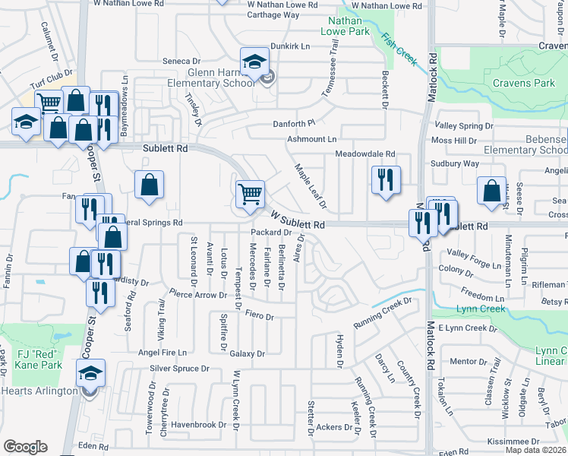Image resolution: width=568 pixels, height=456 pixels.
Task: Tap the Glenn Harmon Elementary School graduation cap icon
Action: [255, 60]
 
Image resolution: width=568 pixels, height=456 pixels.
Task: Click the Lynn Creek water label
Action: [481, 309]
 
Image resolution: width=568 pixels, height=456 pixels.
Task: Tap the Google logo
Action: [26, 446]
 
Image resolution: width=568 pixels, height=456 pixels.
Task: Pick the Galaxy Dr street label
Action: [247, 353]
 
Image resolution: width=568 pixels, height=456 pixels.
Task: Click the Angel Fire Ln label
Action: [163, 353]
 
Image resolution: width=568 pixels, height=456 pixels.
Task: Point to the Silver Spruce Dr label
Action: [179, 369]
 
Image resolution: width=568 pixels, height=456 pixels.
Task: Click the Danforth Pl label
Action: [294, 123]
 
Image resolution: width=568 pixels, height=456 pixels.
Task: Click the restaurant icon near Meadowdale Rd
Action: [386, 179]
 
